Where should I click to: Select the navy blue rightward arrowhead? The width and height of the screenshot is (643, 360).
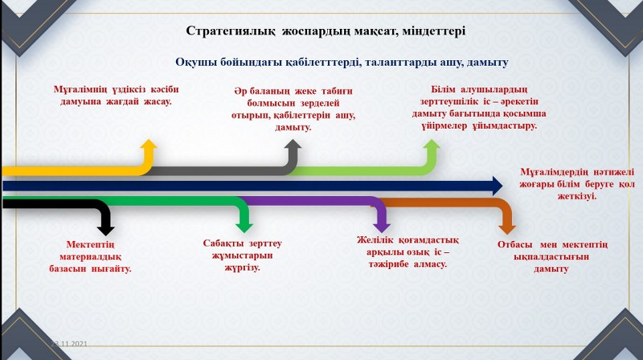(x=496, y=186)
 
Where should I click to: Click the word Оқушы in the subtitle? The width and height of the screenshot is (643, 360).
(x=195, y=63)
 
